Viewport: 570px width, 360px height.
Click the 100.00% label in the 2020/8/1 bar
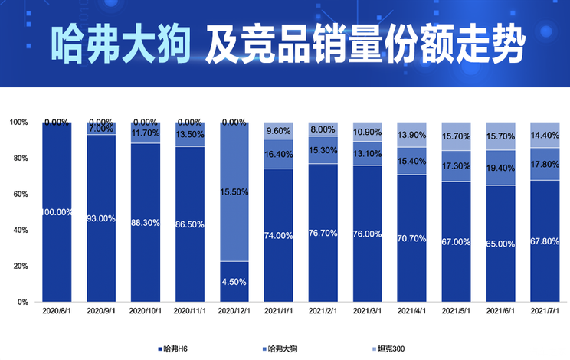(x=57, y=212)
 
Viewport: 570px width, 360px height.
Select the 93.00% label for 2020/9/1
(x=101, y=218)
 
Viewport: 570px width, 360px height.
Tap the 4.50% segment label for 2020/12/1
(x=234, y=281)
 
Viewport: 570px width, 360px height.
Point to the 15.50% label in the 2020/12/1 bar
(x=234, y=191)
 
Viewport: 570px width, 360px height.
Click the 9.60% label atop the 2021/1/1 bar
(x=279, y=131)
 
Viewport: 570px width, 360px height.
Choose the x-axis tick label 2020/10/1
(x=146, y=312)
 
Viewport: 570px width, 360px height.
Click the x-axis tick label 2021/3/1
(x=367, y=312)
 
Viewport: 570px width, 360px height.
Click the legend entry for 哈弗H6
(x=174, y=349)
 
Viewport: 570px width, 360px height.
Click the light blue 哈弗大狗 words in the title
(x=121, y=44)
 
